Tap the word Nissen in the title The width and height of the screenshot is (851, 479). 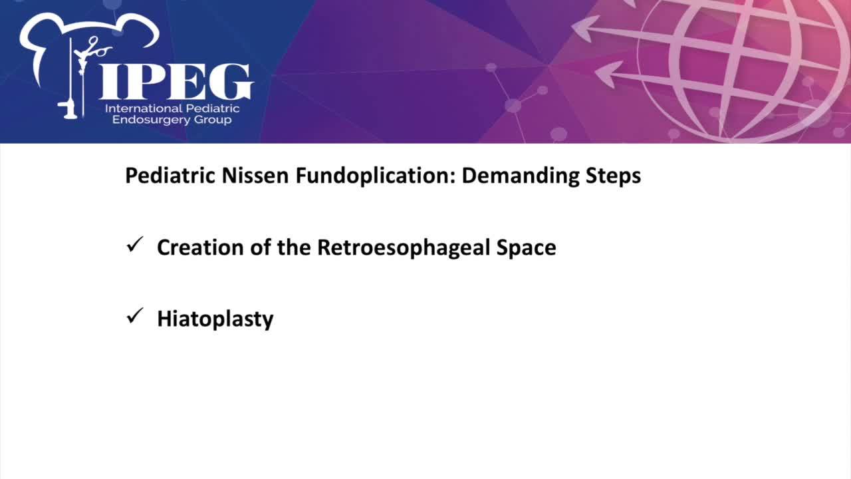tap(255, 176)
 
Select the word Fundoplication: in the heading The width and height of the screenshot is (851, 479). tap(375, 176)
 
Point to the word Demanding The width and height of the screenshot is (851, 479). tap(520, 176)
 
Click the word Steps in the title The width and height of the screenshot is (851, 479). tap(613, 176)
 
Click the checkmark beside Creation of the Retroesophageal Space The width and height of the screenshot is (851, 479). tap(135, 244)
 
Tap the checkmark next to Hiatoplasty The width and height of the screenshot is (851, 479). tap(135, 315)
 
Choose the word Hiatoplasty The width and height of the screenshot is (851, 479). tap(215, 319)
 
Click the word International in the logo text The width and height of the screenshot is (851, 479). tap(143, 108)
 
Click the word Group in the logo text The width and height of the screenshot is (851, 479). tap(212, 120)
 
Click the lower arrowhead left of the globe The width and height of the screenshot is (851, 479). tap(609, 74)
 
